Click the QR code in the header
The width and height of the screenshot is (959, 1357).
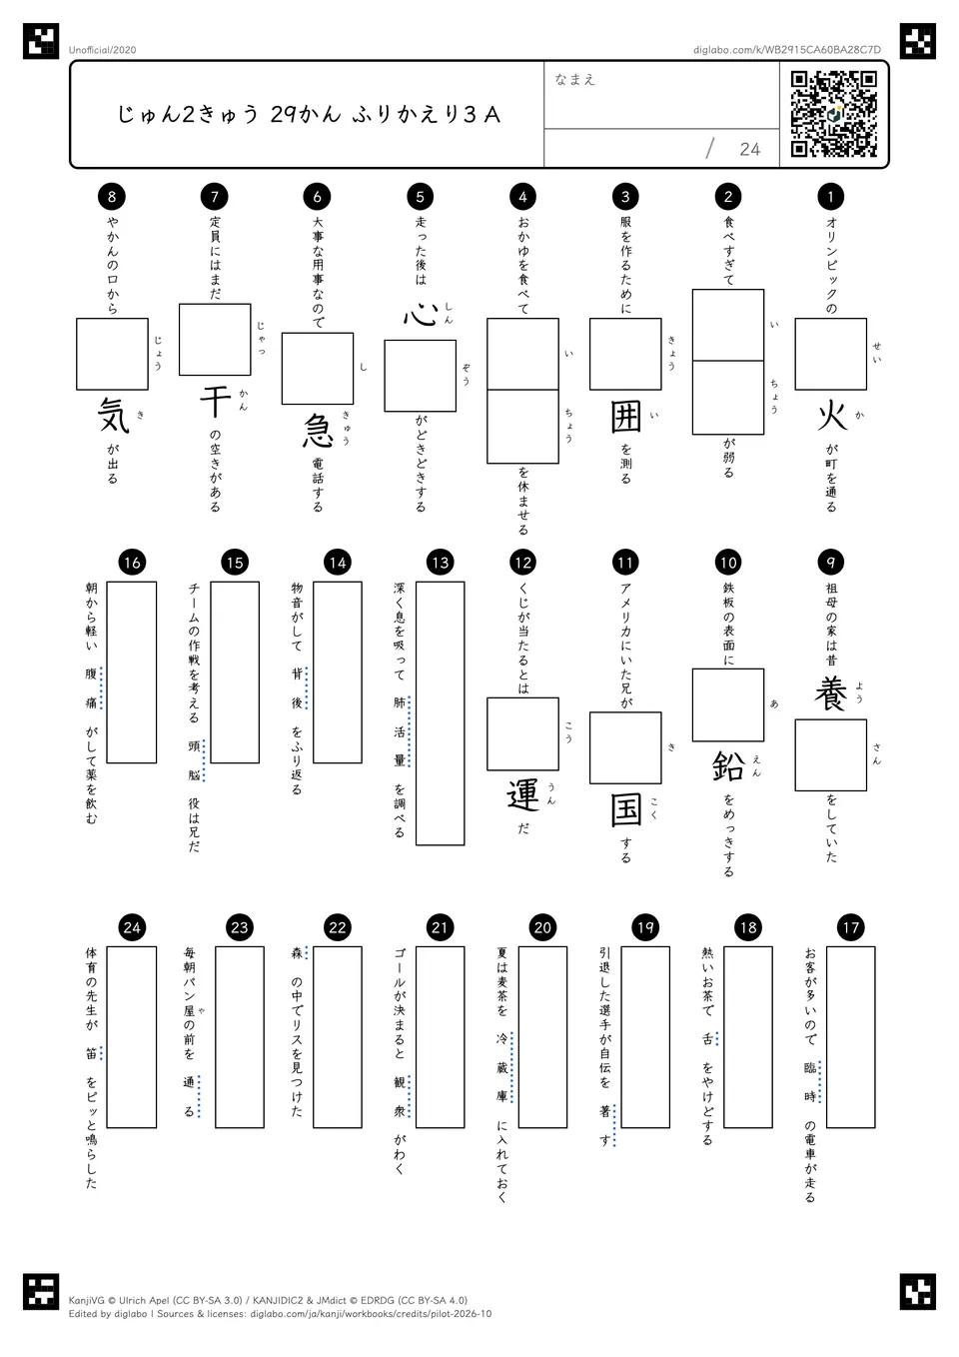tap(834, 114)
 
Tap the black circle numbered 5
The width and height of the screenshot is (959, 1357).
tap(420, 196)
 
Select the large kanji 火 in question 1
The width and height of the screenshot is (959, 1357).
tap(831, 418)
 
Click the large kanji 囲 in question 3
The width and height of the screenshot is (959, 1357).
tap(625, 418)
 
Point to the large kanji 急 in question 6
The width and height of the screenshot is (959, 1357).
tap(318, 432)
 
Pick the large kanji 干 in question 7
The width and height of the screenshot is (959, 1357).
tap(215, 403)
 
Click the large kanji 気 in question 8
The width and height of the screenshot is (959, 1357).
tap(113, 417)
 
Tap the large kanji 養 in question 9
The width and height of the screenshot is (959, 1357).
tap(831, 694)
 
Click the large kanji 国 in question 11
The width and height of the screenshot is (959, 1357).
tap(625, 810)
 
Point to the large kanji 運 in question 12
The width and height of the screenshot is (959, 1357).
tap(522, 796)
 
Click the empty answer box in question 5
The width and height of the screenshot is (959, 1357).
tap(421, 376)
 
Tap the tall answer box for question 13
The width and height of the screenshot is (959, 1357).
tap(441, 713)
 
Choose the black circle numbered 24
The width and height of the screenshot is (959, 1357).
tap(132, 927)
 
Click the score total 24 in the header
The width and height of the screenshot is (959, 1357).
tap(749, 149)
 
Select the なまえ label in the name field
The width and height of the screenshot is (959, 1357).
tap(575, 79)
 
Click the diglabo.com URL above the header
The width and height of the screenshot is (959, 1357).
tap(787, 50)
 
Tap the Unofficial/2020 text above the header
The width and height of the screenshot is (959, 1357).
tap(102, 50)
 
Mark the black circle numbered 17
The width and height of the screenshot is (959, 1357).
tap(851, 927)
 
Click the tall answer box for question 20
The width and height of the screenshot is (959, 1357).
tap(542, 1037)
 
